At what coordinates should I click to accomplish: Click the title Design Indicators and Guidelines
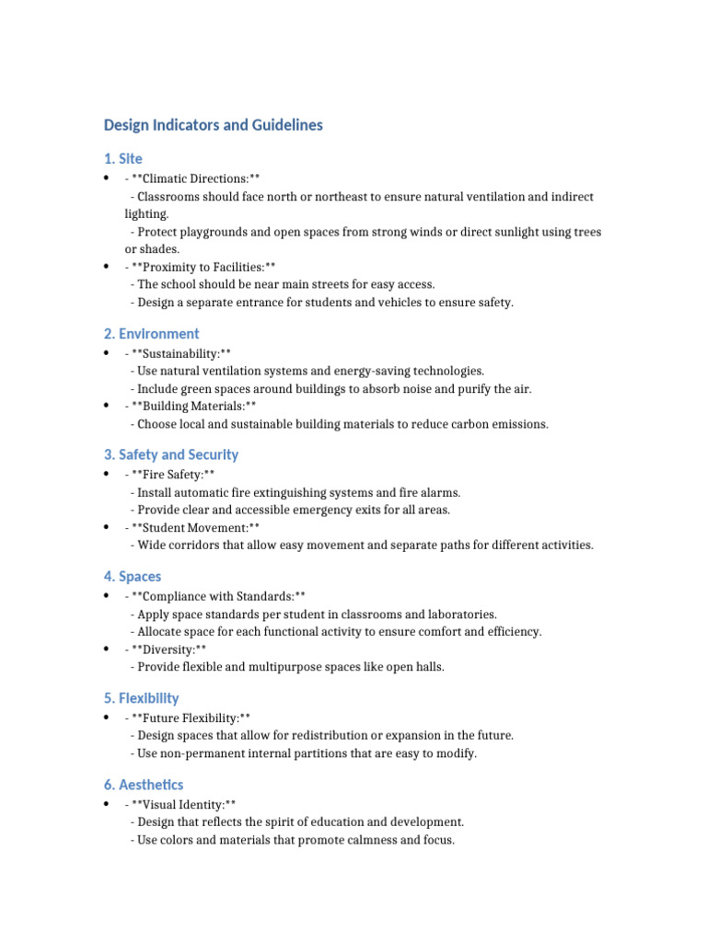[x=213, y=125]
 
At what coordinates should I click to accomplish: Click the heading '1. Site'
[x=122, y=159]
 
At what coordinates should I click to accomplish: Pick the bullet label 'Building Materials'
[x=194, y=406]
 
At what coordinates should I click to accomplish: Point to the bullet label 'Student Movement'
[x=195, y=527]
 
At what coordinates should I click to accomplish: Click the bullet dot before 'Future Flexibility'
[x=107, y=718]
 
